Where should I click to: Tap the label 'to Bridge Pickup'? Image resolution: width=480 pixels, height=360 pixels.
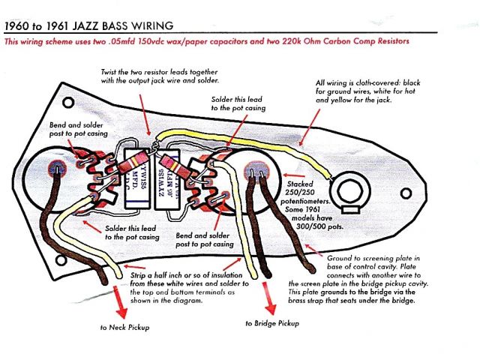271,323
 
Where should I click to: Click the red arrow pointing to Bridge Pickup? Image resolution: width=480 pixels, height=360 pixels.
264,295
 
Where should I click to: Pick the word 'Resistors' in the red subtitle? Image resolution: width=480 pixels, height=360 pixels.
389,41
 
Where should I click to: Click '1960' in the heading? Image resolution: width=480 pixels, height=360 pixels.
19,25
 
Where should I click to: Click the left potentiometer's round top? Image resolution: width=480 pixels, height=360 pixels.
56,175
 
